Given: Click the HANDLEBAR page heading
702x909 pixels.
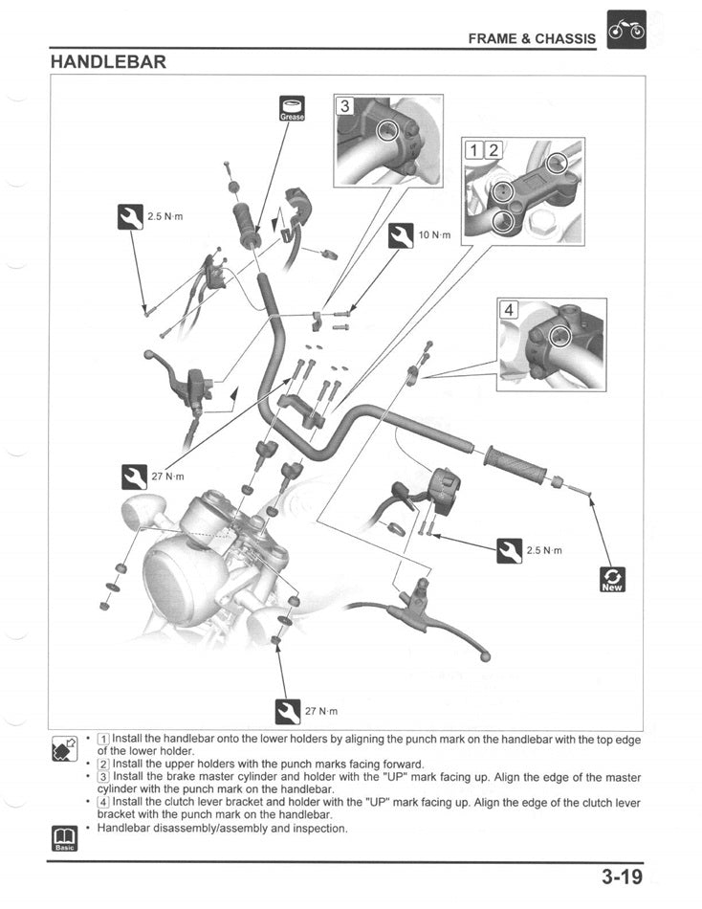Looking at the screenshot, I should coord(108,62).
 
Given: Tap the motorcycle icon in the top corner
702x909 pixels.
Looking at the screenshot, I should coord(627,30).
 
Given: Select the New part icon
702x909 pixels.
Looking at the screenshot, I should coord(611,580).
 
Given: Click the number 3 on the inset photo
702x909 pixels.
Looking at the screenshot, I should coord(346,106).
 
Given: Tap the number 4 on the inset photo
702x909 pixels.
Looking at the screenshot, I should coord(510,309).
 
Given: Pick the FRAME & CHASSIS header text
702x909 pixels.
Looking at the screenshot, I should coord(531,39).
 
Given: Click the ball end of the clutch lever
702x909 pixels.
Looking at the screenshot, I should coord(149,355).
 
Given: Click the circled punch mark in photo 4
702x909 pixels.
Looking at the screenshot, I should coord(559,335).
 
